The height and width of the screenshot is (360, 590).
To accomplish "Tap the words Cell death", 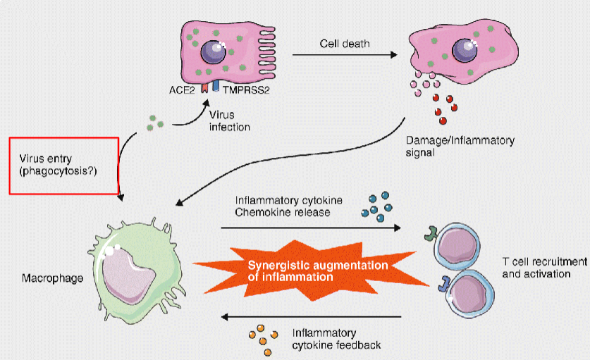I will point(340,44).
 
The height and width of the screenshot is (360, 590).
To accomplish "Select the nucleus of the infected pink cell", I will point(211,51).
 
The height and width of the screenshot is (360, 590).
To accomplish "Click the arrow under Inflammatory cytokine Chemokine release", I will point(310,228).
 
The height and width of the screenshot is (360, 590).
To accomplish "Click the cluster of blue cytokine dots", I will point(375,206).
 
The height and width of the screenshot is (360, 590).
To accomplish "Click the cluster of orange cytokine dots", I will point(262,340).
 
